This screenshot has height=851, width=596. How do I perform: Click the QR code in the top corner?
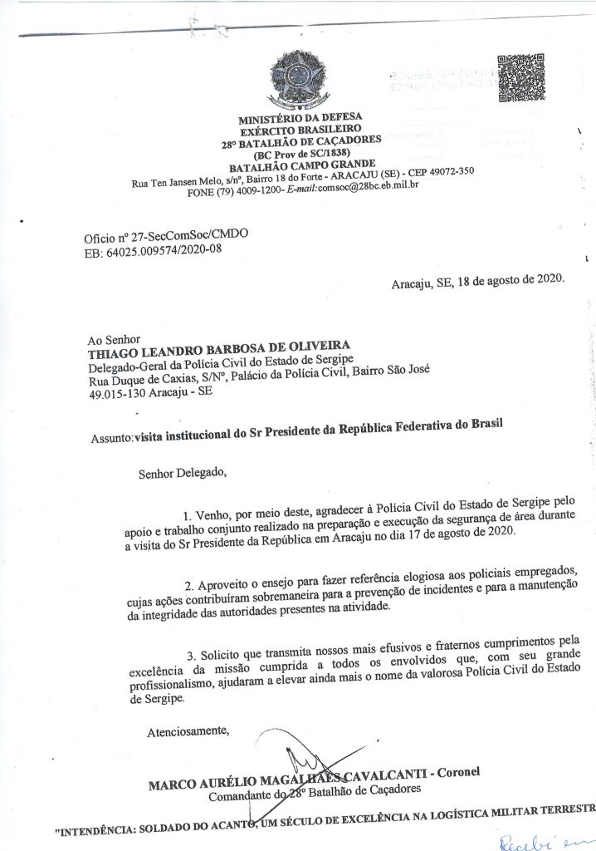(520, 76)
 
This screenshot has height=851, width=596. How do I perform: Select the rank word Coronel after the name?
(462, 771)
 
